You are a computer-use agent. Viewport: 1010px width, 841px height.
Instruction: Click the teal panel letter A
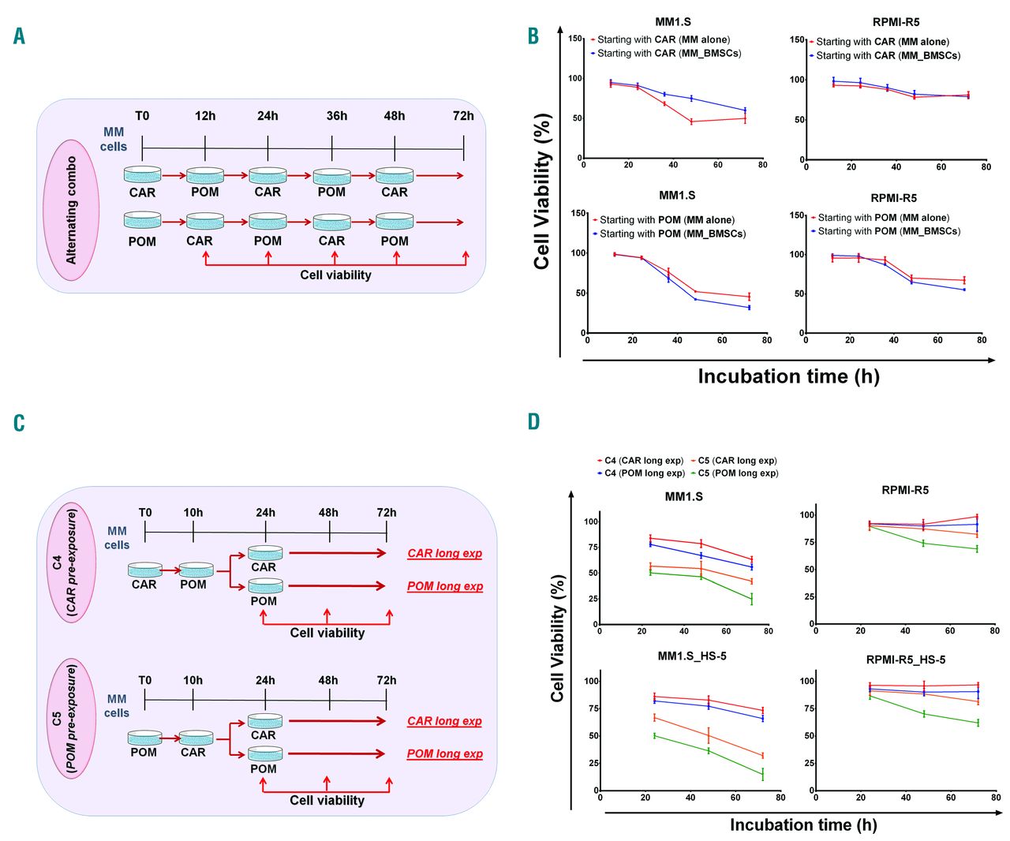20,36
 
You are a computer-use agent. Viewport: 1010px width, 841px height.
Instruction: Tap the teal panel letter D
534,421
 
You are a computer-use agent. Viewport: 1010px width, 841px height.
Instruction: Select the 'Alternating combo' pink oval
72,210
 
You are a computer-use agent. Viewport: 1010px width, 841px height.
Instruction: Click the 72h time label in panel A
463,116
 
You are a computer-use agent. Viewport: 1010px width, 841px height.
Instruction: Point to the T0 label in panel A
142,116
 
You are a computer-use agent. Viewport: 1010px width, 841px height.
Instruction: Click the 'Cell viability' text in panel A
335,275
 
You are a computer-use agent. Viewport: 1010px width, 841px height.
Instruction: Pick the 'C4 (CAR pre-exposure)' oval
72,562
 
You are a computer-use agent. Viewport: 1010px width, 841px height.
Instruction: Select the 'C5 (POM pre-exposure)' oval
72,721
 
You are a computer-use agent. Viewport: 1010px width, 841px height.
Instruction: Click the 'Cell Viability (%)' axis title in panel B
542,192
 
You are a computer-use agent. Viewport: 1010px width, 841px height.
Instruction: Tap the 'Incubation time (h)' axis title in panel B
788,376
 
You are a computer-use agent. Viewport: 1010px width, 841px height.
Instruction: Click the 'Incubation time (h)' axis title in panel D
803,824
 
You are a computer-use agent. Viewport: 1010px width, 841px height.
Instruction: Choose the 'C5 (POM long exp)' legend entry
734,473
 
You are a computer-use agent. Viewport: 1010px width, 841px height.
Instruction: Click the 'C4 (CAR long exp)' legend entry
640,461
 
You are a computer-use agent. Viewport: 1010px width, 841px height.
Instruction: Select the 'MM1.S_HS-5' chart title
692,656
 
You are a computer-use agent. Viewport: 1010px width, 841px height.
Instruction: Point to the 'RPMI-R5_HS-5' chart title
905,660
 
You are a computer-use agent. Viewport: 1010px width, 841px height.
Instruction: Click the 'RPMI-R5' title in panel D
905,490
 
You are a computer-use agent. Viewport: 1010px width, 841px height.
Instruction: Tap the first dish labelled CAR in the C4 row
144,570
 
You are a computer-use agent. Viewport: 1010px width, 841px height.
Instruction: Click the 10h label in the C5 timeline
193,680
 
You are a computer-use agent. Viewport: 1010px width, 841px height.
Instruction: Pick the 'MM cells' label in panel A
114,140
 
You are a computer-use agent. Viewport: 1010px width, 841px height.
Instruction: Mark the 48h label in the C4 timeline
328,513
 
